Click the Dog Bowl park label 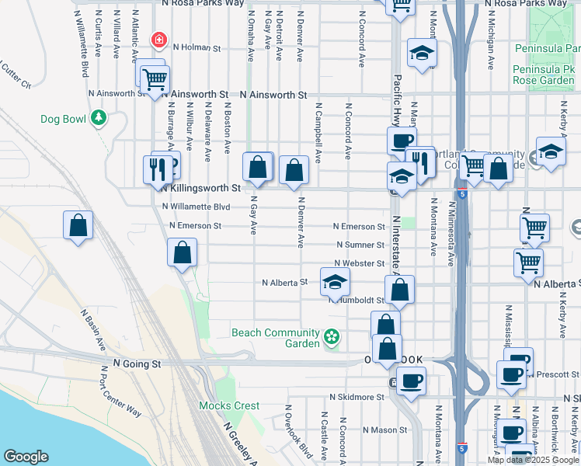tap(64, 119)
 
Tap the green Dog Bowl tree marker tap(98, 118)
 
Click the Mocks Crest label tap(229, 405)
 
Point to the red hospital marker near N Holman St tap(159, 40)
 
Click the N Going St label tap(137, 363)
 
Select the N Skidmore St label tap(357, 396)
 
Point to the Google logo tap(26, 457)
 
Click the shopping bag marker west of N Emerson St tap(78, 226)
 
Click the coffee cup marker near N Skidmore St tap(411, 381)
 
